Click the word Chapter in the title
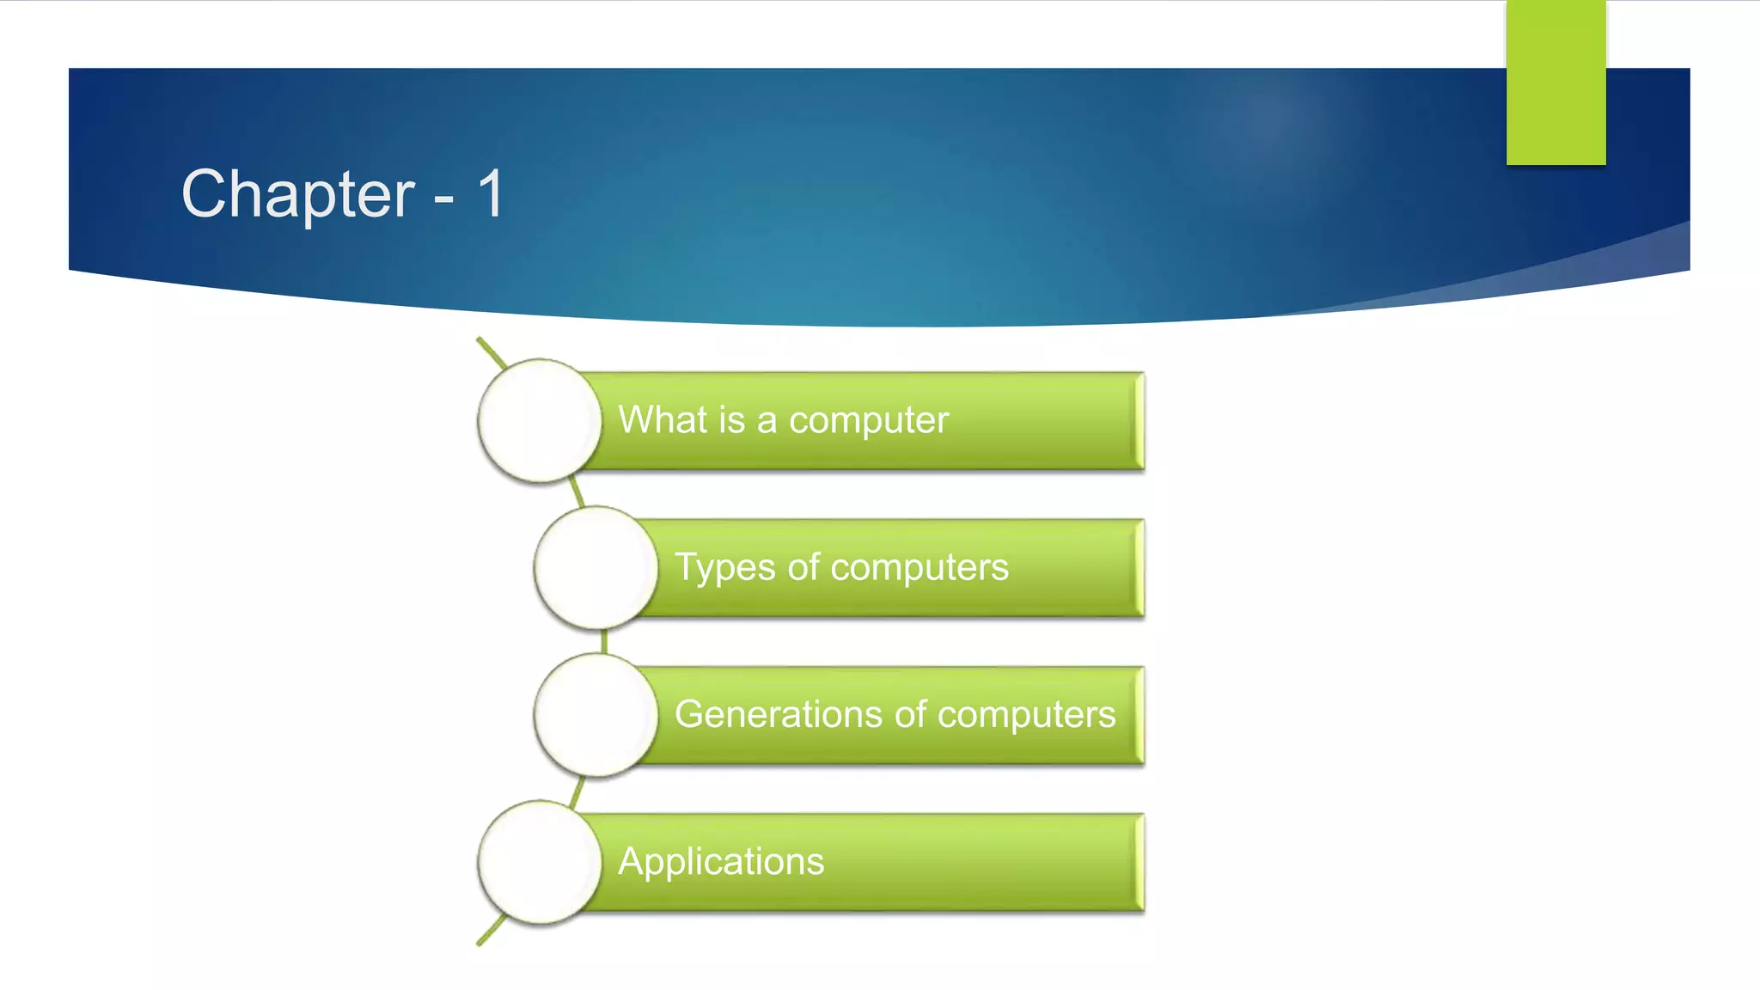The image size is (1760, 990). tap(297, 195)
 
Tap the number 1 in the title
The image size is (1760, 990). tap(491, 193)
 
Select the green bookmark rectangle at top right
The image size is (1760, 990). tap(1555, 82)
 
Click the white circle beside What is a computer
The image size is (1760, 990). tap(539, 420)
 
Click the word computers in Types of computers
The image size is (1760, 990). tap(919, 568)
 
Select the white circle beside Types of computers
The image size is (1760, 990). tap(596, 567)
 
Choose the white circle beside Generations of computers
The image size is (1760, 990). tap(596, 715)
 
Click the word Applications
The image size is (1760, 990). tap(721, 862)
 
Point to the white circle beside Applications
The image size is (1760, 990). tap(539, 862)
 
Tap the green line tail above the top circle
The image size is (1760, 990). tap(488, 350)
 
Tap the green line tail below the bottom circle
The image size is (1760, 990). tap(488, 934)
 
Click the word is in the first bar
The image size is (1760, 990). tap(731, 420)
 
